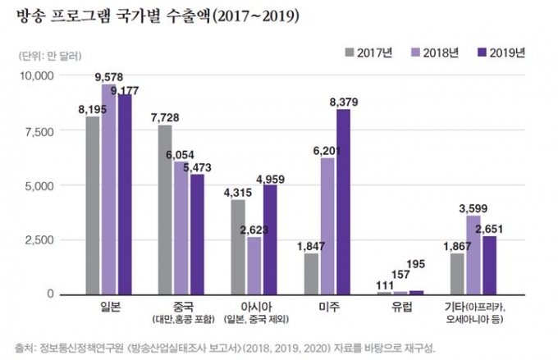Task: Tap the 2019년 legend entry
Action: [501, 53]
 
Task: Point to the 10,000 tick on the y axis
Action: [36, 75]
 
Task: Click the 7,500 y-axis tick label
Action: [39, 130]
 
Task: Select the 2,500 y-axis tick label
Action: [39, 239]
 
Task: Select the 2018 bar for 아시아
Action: [254, 265]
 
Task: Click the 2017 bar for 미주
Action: [311, 273]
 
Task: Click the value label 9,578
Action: [108, 77]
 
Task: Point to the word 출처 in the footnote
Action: [25, 344]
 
